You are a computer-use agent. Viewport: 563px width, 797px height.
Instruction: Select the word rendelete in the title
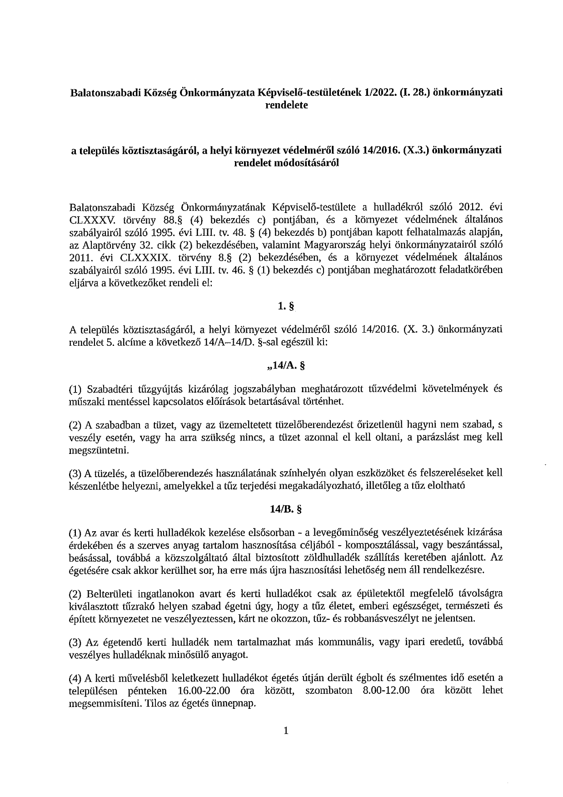pyautogui.click(x=286, y=105)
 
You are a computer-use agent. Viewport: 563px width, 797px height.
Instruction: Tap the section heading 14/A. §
pyautogui.click(x=286, y=364)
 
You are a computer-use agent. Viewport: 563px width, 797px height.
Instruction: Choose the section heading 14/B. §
pyautogui.click(x=286, y=510)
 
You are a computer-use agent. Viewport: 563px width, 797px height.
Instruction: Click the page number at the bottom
pyautogui.click(x=286, y=731)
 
